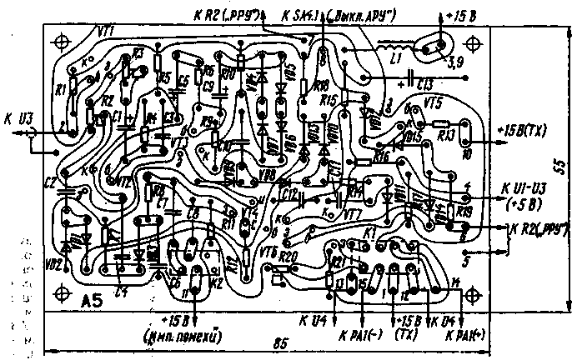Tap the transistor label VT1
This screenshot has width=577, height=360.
click(x=106, y=31)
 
